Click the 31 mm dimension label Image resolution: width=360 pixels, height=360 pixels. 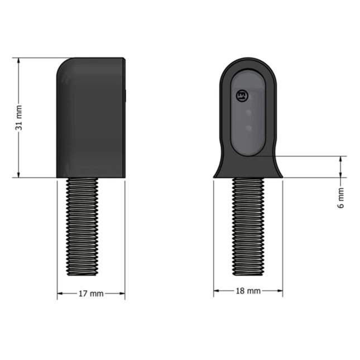pyautogui.click(x=19, y=118)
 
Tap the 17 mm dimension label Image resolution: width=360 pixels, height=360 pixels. pyautogui.click(x=91, y=294)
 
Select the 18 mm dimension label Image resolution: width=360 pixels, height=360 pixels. pyautogui.click(x=248, y=291)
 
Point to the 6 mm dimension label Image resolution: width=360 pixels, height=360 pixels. pyautogui.click(x=341, y=198)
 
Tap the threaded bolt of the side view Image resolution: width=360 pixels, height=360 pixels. pyautogui.click(x=82, y=227)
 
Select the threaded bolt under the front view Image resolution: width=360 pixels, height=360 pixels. pyautogui.click(x=248, y=227)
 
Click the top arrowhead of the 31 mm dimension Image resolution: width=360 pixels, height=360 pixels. pyautogui.click(x=18, y=61)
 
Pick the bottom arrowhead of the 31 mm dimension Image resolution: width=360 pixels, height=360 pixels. pyautogui.click(x=18, y=174)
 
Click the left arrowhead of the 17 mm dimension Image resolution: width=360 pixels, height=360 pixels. pyautogui.click(x=60, y=294)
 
